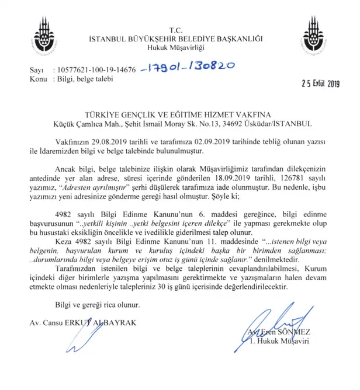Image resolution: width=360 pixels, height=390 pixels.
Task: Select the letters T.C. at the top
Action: pyautogui.click(x=175, y=30)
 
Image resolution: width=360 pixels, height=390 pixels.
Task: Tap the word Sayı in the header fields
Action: pyautogui.click(x=36, y=70)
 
